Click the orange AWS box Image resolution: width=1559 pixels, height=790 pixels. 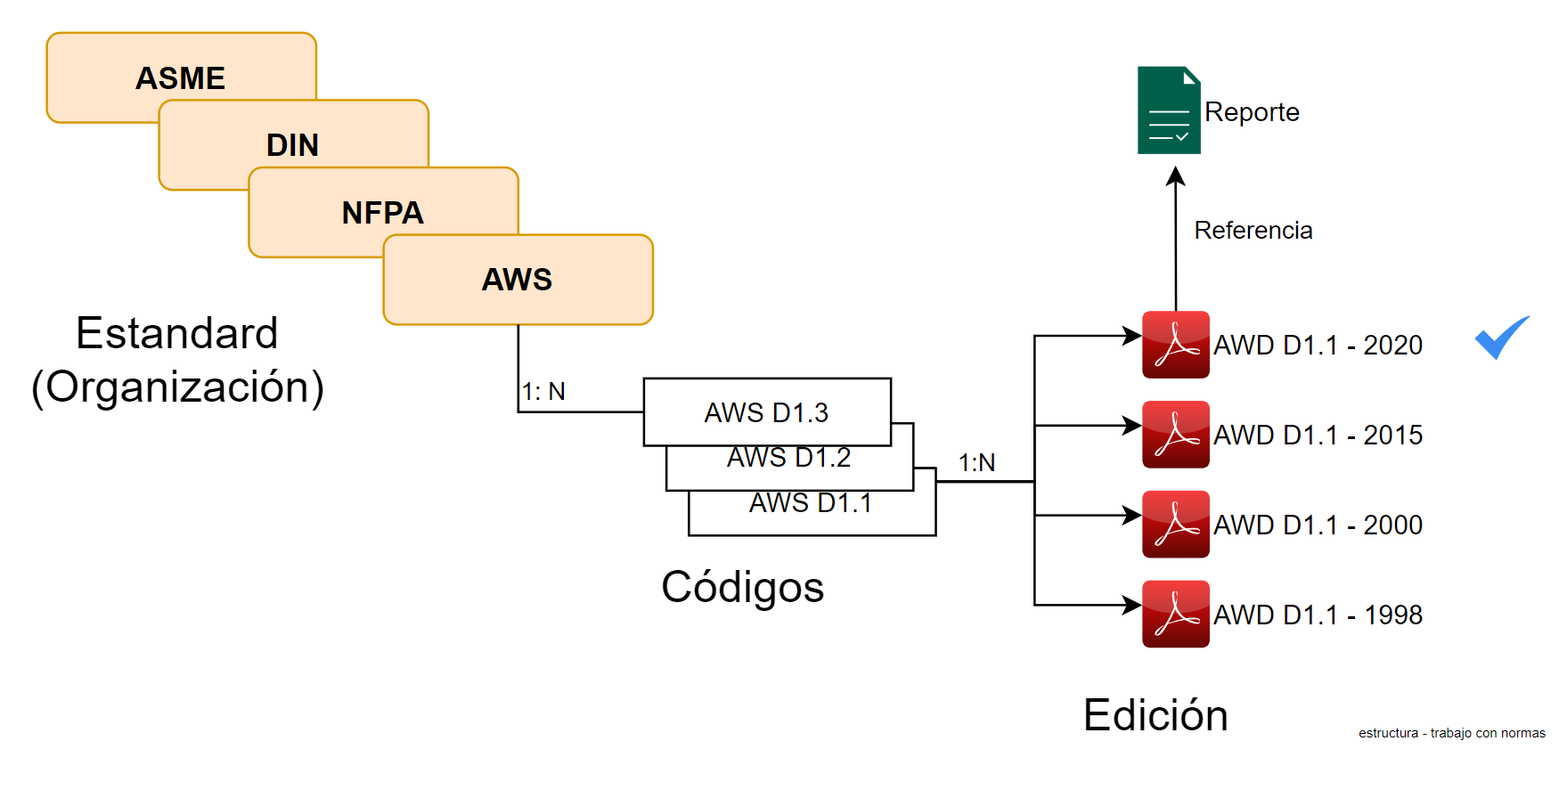click(x=518, y=280)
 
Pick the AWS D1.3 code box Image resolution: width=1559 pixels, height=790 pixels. click(x=766, y=411)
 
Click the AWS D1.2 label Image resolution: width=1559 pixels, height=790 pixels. click(x=788, y=458)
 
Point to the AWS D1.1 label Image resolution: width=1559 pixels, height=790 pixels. click(x=810, y=503)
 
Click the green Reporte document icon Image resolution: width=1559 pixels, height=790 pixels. click(x=1169, y=110)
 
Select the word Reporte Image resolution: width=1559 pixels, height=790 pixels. click(x=1252, y=112)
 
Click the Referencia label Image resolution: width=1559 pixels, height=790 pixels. click(x=1253, y=231)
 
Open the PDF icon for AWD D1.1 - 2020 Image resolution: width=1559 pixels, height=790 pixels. click(x=1176, y=345)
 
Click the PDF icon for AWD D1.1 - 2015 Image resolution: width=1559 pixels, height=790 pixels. click(x=1176, y=435)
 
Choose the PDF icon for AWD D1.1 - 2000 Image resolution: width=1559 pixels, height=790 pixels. click(x=1176, y=525)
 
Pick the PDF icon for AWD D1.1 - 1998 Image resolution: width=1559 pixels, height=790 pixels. click(x=1176, y=615)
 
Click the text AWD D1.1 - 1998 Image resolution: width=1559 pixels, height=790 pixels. click(x=1318, y=615)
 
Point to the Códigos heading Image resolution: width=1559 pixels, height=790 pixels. click(x=742, y=587)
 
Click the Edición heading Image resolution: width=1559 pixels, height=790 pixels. click(x=1155, y=715)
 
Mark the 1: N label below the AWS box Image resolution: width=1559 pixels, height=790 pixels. click(x=543, y=392)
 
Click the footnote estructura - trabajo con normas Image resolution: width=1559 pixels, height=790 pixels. click(x=1451, y=733)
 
